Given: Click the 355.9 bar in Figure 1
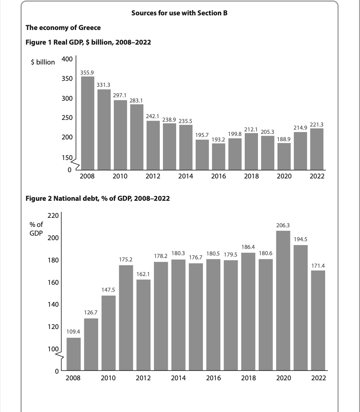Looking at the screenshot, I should coord(87,122).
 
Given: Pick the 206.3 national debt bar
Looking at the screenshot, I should coord(283,300).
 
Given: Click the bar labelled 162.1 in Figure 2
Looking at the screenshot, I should coord(143,324).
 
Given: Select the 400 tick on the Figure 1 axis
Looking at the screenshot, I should coord(67,59).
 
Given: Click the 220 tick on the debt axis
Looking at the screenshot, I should coord(53,216).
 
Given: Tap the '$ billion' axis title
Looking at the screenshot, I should coord(43,62).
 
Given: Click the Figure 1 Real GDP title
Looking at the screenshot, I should coord(88,43).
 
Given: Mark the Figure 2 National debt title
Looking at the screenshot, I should coord(98,198).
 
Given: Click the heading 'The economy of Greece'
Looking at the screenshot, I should coord(63,28).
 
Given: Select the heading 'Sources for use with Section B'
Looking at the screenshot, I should coord(179,13).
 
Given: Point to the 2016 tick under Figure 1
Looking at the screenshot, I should coord(218,176).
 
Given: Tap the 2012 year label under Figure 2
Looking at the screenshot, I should coord(143,378).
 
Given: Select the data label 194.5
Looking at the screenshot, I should coord(300,239).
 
